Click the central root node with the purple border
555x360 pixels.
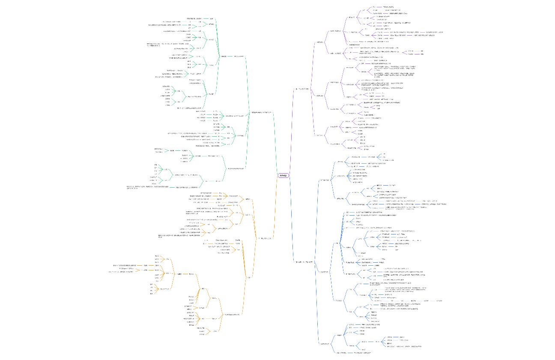click(x=283, y=175)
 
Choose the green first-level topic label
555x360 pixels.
click(x=261, y=112)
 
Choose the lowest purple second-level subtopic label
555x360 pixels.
click(x=319, y=135)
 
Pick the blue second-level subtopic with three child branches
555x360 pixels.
click(x=325, y=180)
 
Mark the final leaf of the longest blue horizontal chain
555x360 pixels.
click(x=439, y=301)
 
